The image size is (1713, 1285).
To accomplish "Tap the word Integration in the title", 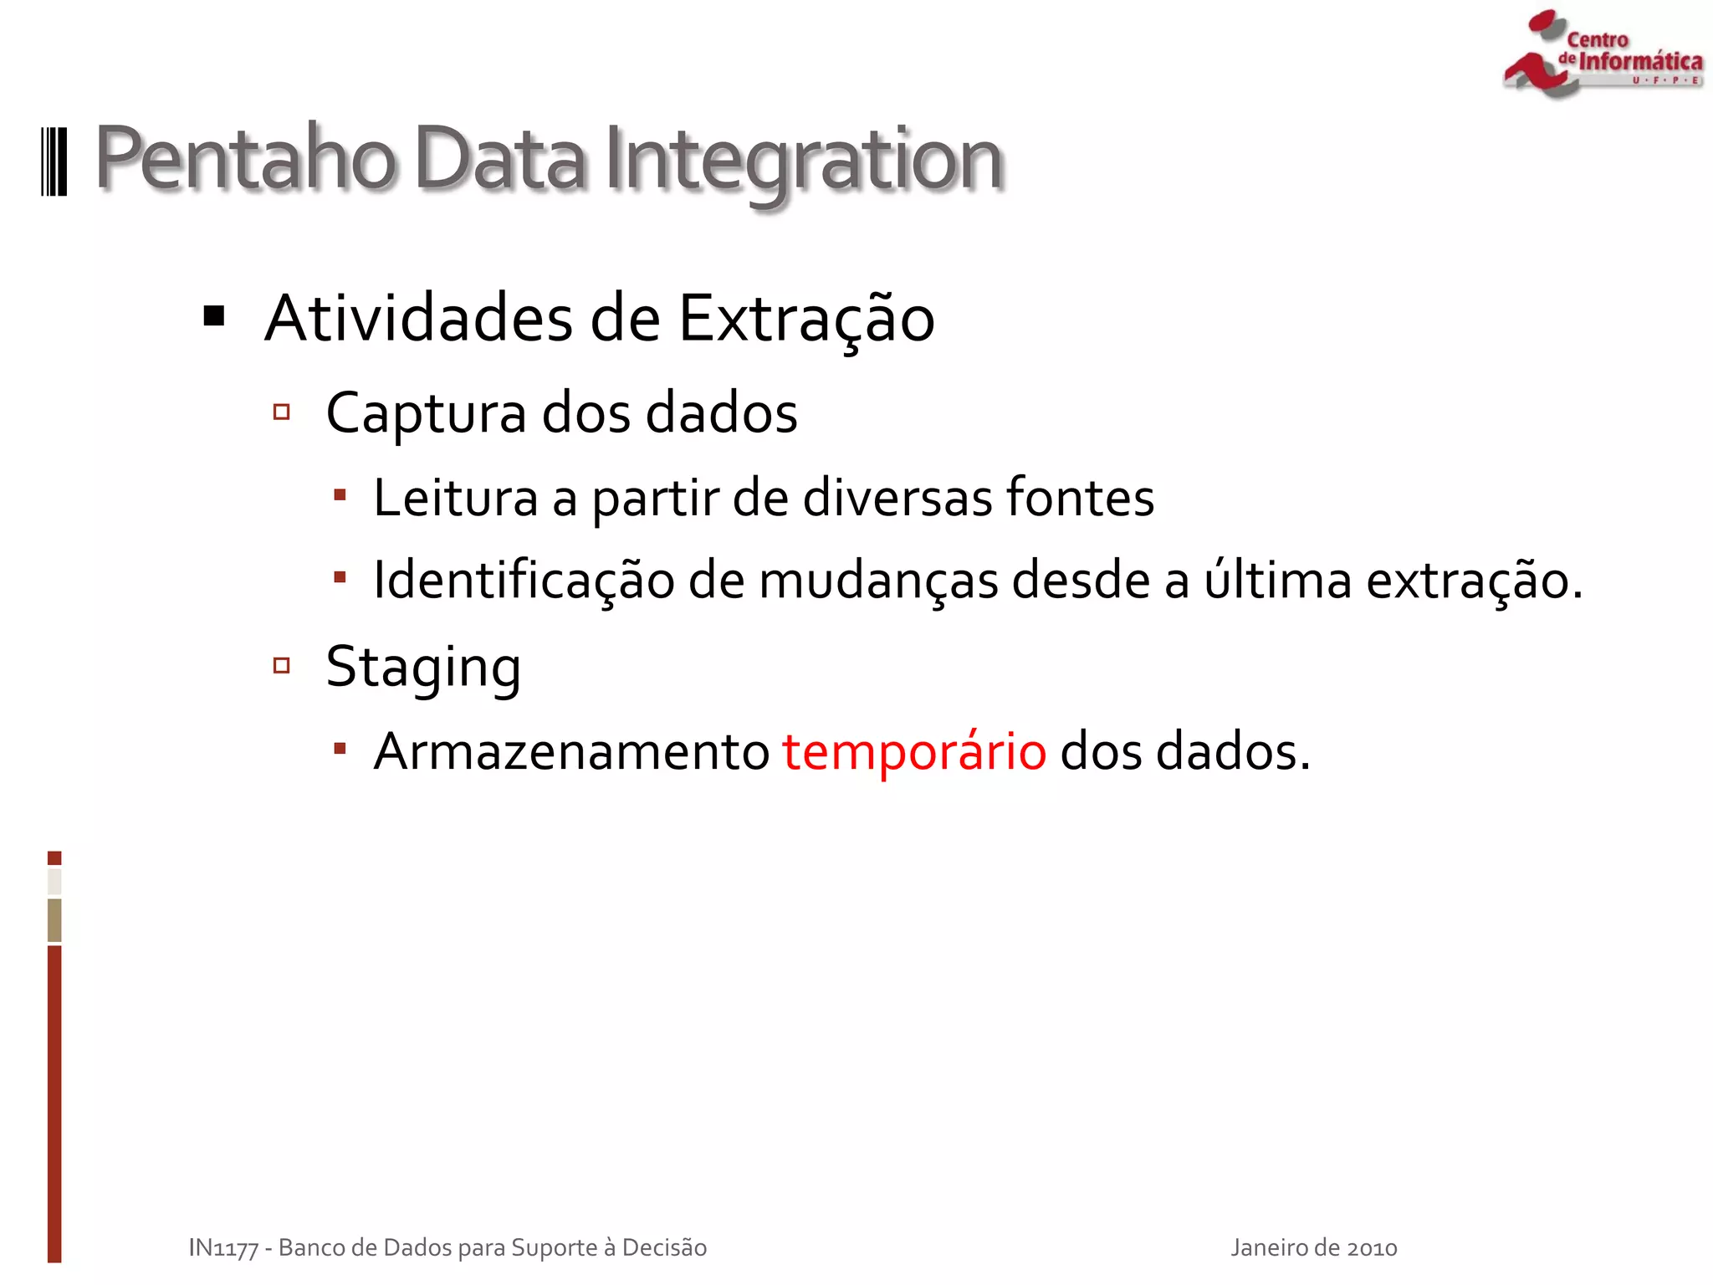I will [803, 159].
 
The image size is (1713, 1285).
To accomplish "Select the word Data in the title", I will [499, 159].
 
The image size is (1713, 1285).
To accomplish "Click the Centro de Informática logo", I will [1603, 55].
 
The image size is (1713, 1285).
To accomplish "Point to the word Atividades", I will [419, 319].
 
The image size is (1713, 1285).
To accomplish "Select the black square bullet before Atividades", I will [214, 316].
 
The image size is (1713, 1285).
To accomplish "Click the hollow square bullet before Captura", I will [282, 412].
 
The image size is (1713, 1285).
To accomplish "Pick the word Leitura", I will [455, 498].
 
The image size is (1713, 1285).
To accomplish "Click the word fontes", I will [1079, 498].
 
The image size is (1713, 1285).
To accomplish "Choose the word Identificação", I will [524, 580].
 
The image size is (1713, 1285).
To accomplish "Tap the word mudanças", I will [878, 580].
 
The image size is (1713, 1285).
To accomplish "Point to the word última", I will [1277, 580].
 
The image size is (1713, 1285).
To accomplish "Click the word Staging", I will [423, 668].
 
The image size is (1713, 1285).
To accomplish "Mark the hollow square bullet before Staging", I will [282, 666].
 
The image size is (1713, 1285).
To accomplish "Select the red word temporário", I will [914, 751].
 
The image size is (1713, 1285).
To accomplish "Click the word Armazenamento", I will [571, 751].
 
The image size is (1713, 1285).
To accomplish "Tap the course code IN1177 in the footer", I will [223, 1248].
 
